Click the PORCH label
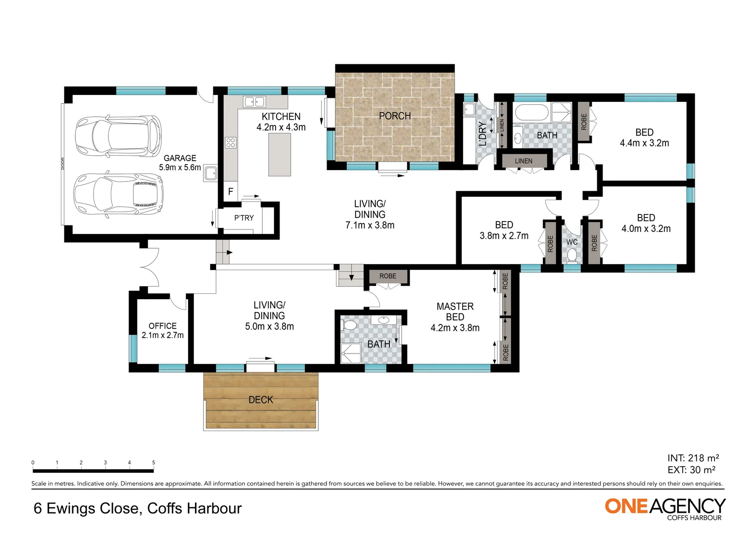[x=394, y=116]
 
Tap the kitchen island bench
[x=280, y=154]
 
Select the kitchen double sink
[x=254, y=102]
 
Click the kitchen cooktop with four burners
[x=231, y=143]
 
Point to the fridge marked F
[x=231, y=191]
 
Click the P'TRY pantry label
[x=244, y=218]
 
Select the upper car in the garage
[x=118, y=135]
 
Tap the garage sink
[x=211, y=173]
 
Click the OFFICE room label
[x=162, y=326]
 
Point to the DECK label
[x=261, y=400]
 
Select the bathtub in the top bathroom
[x=530, y=112]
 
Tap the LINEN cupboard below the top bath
[x=523, y=161]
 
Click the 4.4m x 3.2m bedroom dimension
[x=644, y=143]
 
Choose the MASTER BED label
[x=455, y=311]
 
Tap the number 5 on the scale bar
[x=153, y=463]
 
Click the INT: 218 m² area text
[x=693, y=458]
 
